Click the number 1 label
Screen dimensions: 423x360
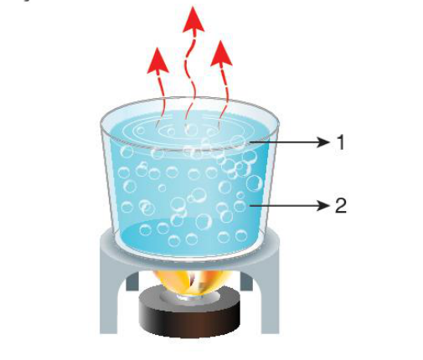click(341, 142)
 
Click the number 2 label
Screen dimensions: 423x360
click(341, 206)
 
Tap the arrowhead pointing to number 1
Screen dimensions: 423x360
click(324, 142)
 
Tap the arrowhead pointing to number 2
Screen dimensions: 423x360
click(324, 206)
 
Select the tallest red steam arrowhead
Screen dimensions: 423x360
click(193, 19)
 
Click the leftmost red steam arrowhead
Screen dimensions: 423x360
click(158, 60)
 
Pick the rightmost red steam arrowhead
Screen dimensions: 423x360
click(221, 54)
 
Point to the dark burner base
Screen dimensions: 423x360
click(189, 316)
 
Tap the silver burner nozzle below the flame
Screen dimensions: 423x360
click(190, 296)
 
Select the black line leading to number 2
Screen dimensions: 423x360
click(284, 206)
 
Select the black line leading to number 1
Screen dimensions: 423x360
click(284, 142)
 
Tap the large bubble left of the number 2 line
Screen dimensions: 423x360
click(240, 206)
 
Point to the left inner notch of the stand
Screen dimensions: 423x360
click(132, 281)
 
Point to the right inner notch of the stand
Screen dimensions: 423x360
click(246, 281)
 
